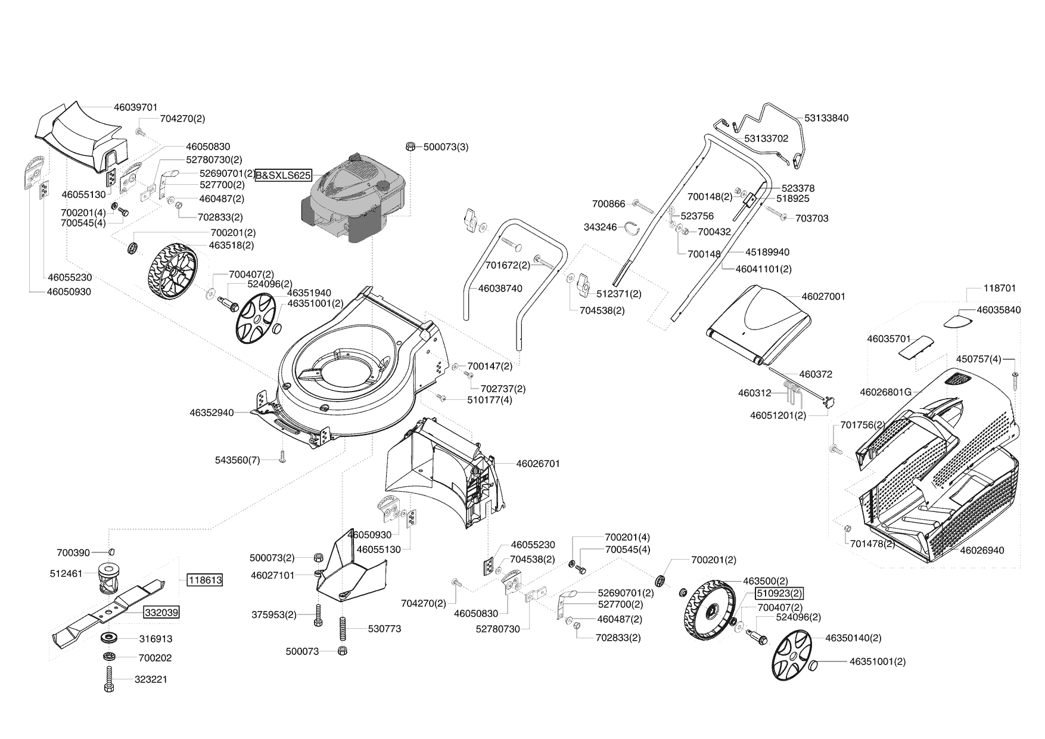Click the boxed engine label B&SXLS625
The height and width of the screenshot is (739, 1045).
pos(284,175)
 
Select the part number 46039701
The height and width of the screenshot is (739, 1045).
pos(136,107)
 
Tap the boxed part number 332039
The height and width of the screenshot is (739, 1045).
pos(161,612)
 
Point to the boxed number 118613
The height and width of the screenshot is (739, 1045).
pos(204,580)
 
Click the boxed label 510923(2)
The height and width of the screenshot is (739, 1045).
pos(779,593)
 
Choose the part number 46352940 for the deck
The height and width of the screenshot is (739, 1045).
pos(212,412)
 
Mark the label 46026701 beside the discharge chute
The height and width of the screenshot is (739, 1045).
pos(538,463)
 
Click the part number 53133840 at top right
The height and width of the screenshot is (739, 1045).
pos(826,118)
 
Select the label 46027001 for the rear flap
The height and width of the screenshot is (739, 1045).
pos(823,296)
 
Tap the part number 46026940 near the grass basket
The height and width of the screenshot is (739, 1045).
pos(982,550)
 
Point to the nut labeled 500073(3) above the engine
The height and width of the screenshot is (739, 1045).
pos(410,146)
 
